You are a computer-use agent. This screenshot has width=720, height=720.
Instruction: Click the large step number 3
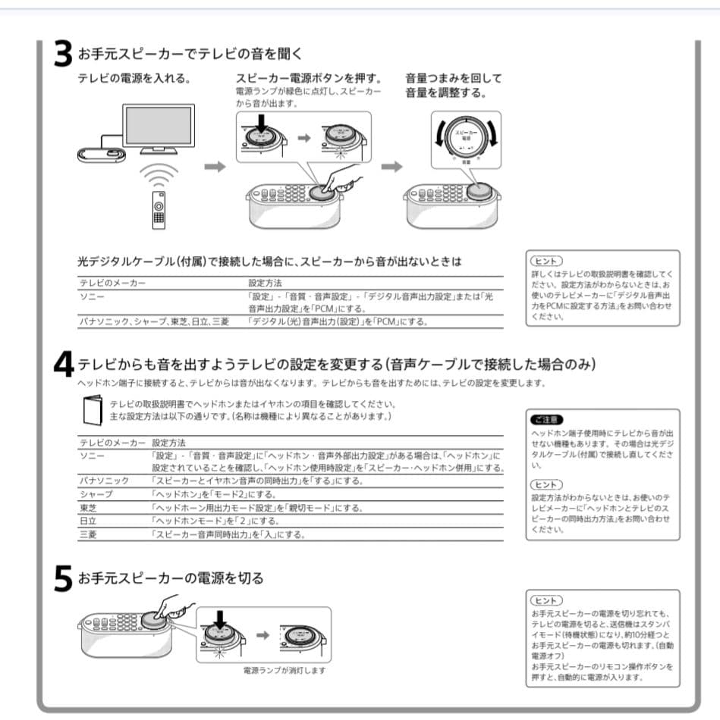[x=63, y=54]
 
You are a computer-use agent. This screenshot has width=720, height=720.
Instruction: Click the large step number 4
[x=64, y=365]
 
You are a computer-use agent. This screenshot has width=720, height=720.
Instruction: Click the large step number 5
[x=63, y=579]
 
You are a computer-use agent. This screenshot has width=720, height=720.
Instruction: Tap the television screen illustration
[x=158, y=125]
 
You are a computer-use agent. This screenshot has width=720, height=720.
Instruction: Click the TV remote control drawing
[x=159, y=209]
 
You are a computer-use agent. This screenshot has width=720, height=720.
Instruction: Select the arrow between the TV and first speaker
[x=215, y=167]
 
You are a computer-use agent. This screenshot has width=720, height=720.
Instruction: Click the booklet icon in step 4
[x=91, y=409]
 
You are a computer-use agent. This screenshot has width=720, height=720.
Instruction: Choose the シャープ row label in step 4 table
[x=95, y=494]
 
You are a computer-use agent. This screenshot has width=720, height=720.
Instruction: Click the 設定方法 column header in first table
[x=266, y=283]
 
